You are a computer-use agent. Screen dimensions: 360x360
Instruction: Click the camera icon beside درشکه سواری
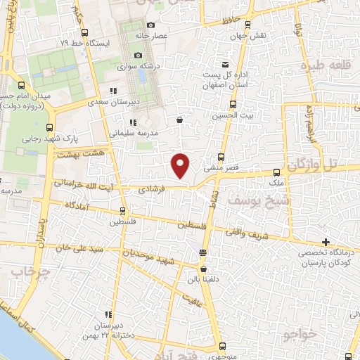click(138, 56)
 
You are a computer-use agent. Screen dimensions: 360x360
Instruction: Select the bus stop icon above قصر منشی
click(221, 157)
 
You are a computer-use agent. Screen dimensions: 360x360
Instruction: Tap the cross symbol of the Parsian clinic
click(326, 242)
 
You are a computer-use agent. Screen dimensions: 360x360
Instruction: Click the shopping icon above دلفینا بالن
click(203, 269)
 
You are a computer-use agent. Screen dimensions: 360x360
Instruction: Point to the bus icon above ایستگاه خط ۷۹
click(84, 32)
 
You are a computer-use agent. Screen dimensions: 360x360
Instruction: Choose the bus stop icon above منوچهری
click(222, 346)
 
